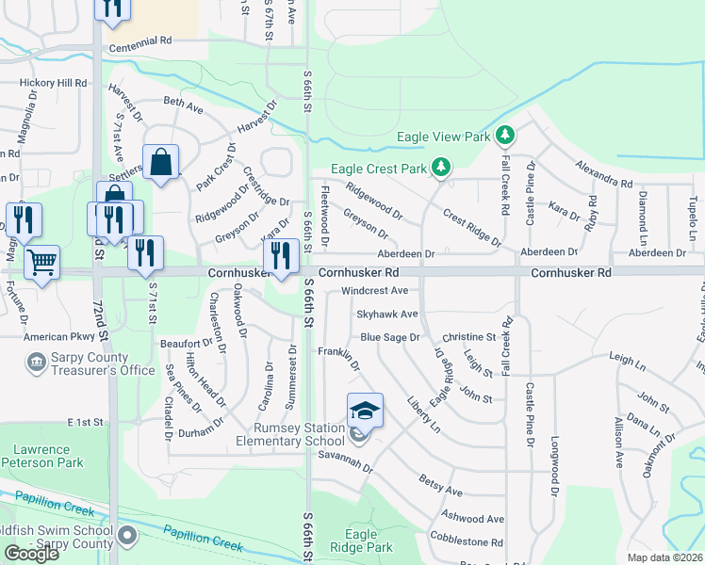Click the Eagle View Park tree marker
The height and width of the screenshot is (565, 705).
[505, 136]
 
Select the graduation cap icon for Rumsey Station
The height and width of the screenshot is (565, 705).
[365, 412]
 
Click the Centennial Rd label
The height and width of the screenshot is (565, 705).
[140, 41]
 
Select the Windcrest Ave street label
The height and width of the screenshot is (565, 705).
[374, 291]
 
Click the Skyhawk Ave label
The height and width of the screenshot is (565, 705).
[386, 314]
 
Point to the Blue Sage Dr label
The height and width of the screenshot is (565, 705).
[389, 336]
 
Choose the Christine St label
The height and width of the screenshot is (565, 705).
[468, 336]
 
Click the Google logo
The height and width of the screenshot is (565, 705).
[31, 553]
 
